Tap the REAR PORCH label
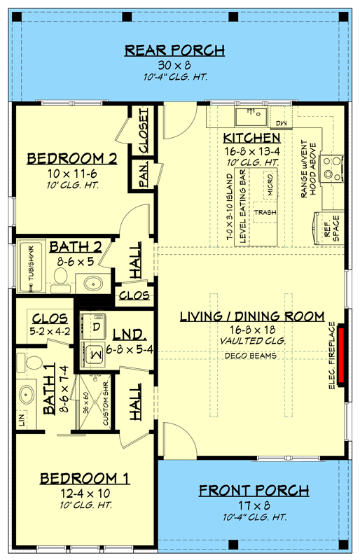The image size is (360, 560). pos(174,50)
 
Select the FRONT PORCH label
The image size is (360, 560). pos(254,489)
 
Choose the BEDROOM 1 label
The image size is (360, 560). pos(85,479)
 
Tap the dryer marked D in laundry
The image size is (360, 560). pos(95,325)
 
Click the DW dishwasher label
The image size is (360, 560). pos(282,123)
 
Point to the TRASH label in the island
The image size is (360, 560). pos(264,211)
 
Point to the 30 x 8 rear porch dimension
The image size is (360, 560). pos(174,65)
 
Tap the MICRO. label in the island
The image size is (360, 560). pos(270,183)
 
